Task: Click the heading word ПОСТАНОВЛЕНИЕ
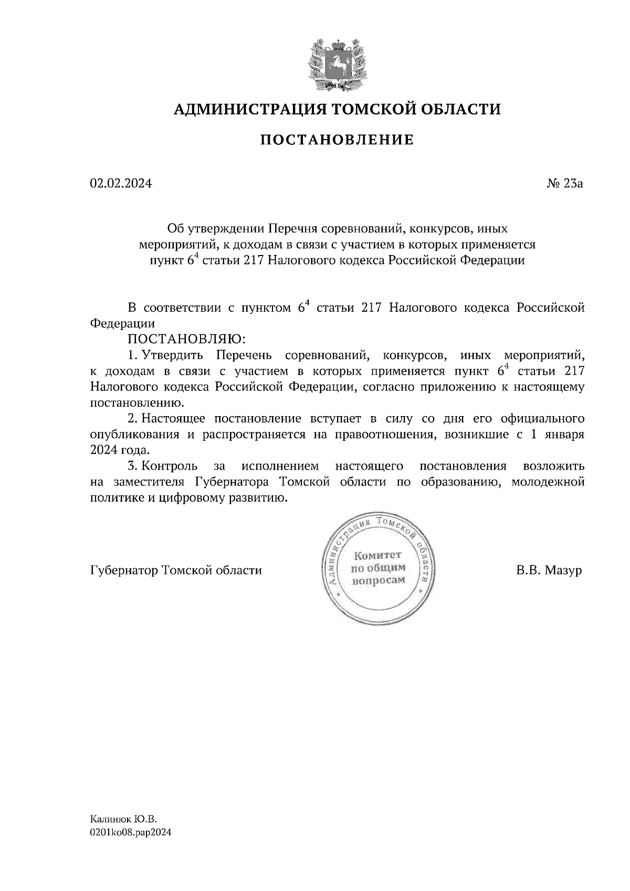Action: tap(338, 140)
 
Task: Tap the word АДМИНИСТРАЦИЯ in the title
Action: tap(244, 109)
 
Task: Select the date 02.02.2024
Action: tap(121, 184)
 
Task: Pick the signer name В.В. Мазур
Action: tap(549, 570)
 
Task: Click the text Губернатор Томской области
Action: tap(176, 570)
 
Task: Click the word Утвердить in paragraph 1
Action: tap(172, 355)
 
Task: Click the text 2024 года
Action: tap(120, 451)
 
